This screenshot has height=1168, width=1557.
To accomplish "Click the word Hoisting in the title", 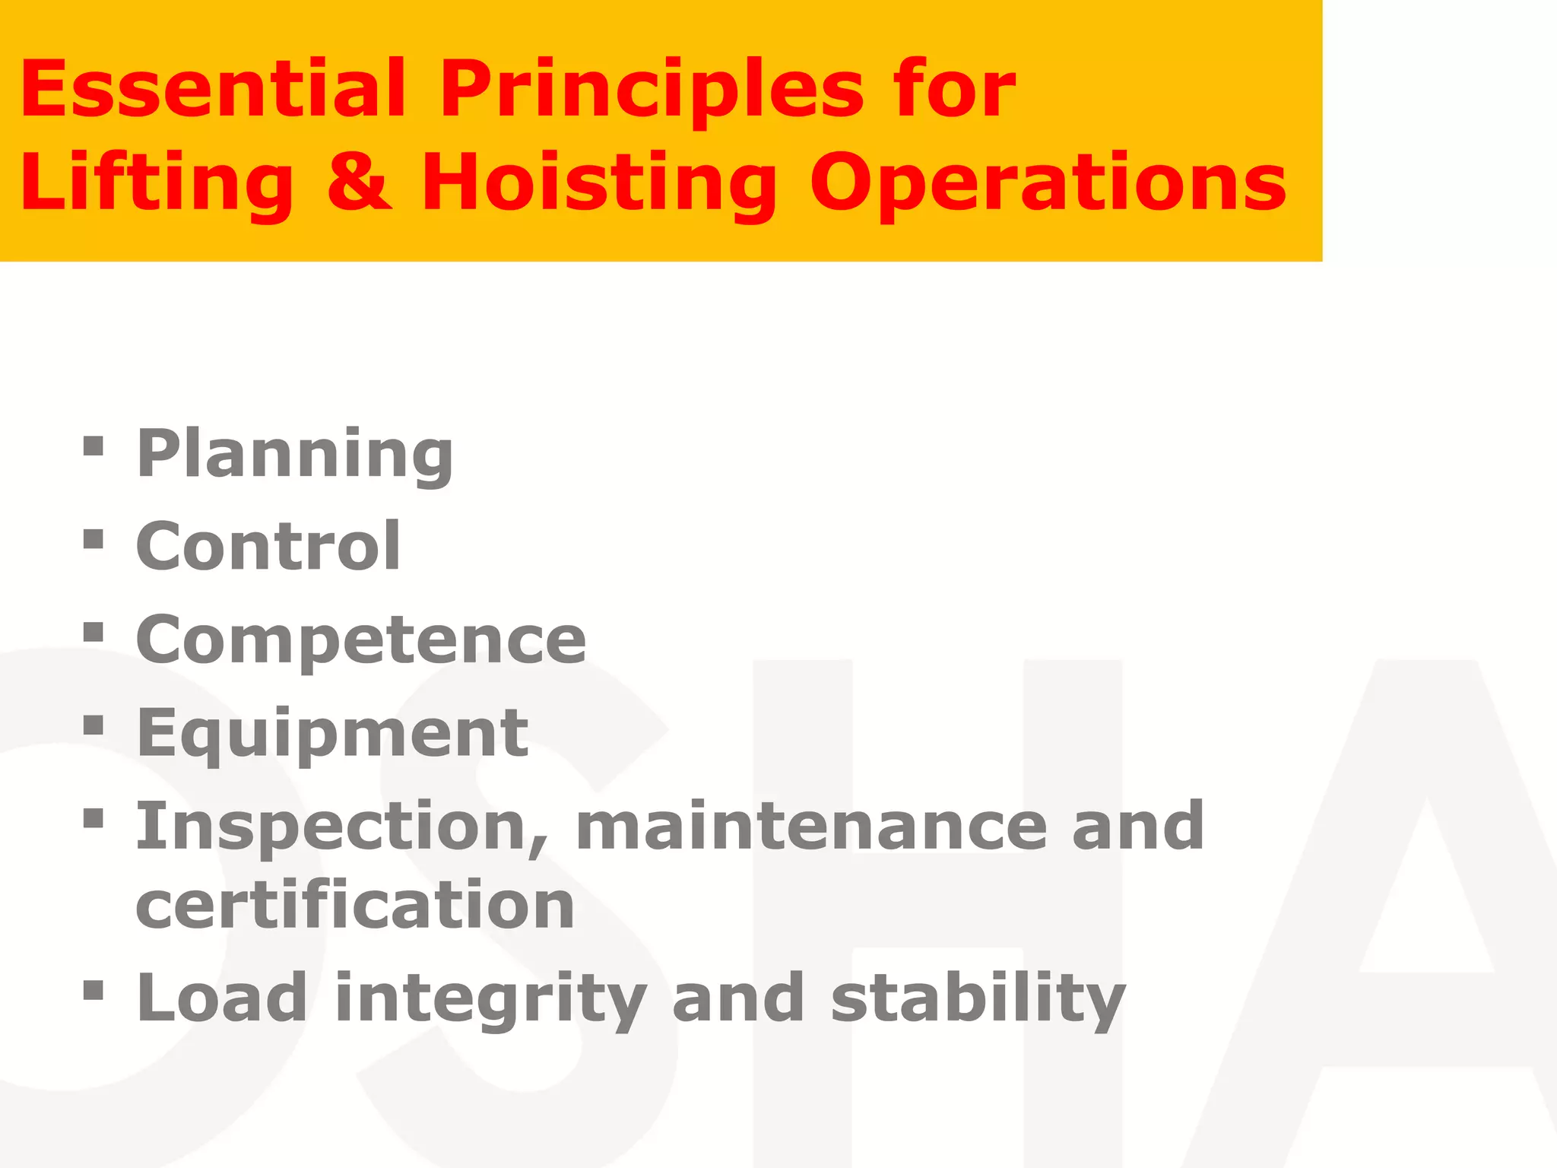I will pyautogui.click(x=599, y=184).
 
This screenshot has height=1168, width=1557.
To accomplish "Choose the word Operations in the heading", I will pyautogui.click(x=1048, y=184).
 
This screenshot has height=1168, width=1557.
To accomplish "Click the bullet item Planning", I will pyautogui.click(x=295, y=455).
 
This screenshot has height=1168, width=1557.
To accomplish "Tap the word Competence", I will pyautogui.click(x=361, y=640).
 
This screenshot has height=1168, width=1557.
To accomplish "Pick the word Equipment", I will pyautogui.click(x=332, y=733).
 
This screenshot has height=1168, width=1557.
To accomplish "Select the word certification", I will pyautogui.click(x=355, y=905).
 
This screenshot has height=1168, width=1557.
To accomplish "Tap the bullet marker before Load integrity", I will pyautogui.click(x=94, y=989).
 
